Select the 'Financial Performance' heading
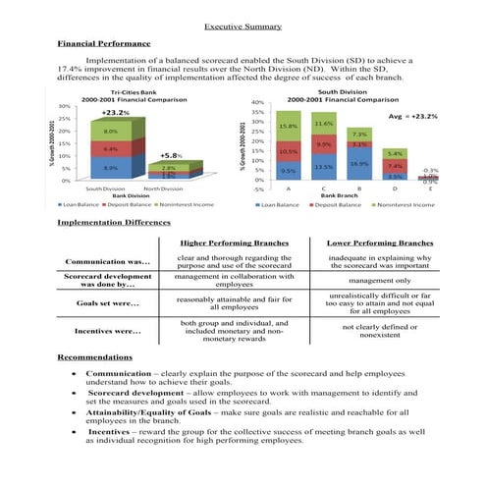[x=104, y=44]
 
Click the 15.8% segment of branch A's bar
[x=289, y=127]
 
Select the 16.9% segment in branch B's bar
[x=359, y=164]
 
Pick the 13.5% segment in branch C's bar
[x=324, y=167]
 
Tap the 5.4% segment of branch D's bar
[x=395, y=154]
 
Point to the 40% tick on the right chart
[x=257, y=102]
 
